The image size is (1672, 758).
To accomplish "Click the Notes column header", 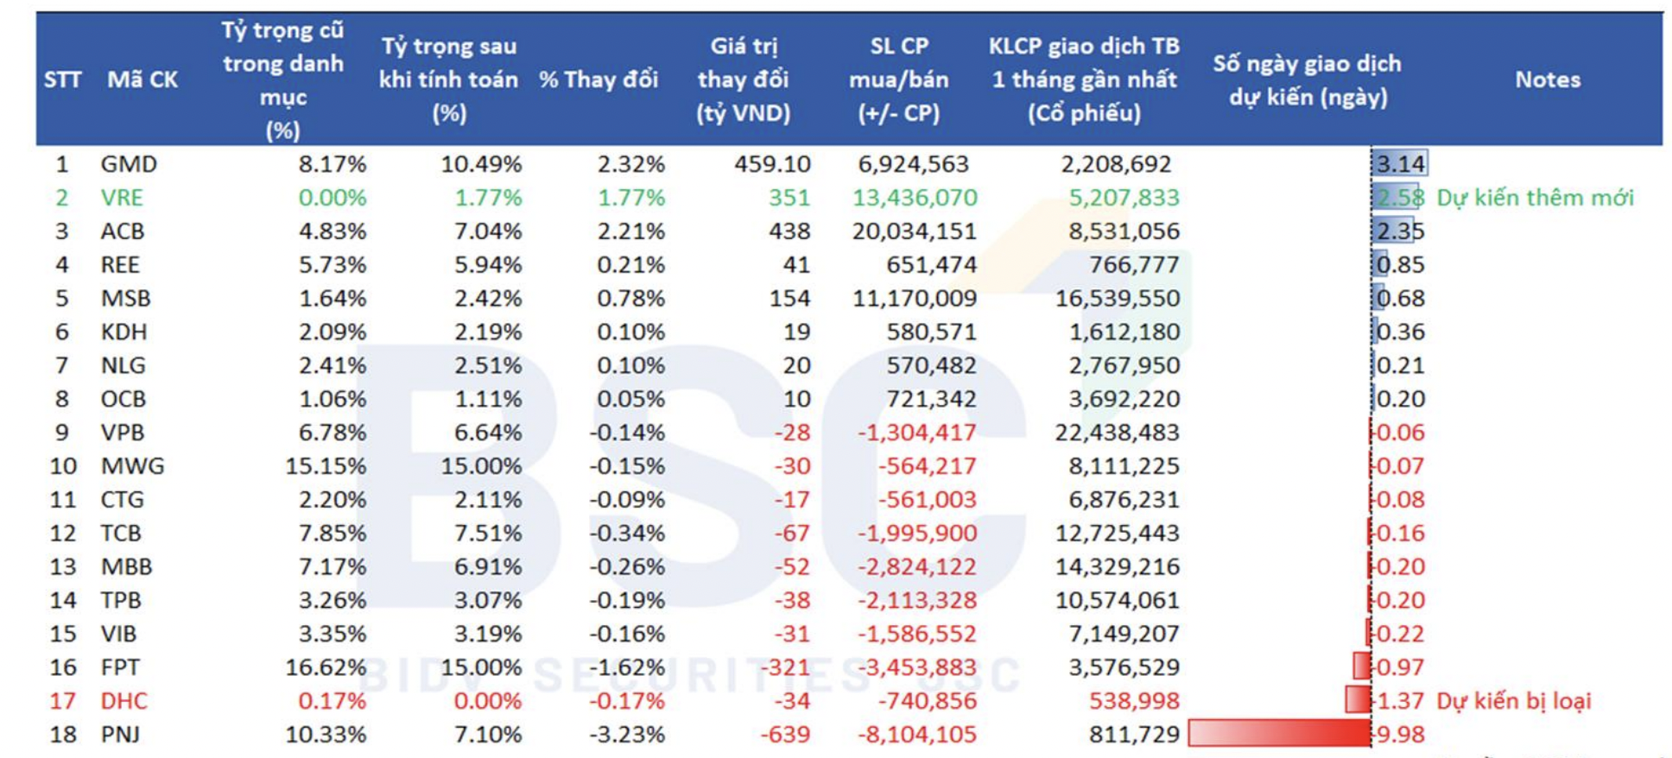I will pyautogui.click(x=1547, y=79).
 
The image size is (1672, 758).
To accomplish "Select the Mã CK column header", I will pyautogui.click(x=142, y=79).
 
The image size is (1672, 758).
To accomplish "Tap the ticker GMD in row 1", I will pyautogui.click(x=129, y=164).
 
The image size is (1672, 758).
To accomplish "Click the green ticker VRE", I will pyautogui.click(x=122, y=198).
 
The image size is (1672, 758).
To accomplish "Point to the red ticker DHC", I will pyautogui.click(x=123, y=701).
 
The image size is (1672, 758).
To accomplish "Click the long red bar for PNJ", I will pyautogui.click(x=1279, y=734).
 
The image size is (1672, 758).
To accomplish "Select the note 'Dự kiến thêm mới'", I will pyautogui.click(x=1535, y=198).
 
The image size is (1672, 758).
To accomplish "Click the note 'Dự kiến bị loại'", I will pyautogui.click(x=1513, y=701).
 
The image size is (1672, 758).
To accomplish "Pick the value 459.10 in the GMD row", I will pyautogui.click(x=772, y=164).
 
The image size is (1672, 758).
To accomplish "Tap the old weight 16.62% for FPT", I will pyautogui.click(x=326, y=667).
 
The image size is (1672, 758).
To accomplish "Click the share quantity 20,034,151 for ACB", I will pyautogui.click(x=914, y=231).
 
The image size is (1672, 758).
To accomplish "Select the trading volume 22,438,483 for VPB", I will pyautogui.click(x=1117, y=433).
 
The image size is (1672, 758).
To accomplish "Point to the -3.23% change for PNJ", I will pyautogui.click(x=627, y=735).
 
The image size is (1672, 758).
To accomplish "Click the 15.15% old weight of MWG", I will pyautogui.click(x=326, y=466).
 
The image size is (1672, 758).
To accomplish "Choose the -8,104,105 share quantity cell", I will pyautogui.click(x=916, y=735).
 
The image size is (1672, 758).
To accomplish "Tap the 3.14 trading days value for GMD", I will pyautogui.click(x=1400, y=164).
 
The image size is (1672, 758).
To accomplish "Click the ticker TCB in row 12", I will pyautogui.click(x=121, y=534).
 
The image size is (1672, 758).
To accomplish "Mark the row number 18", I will pyautogui.click(x=63, y=735).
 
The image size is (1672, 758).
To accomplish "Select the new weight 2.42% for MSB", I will pyautogui.click(x=488, y=299).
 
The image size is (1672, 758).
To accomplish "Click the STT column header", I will pyautogui.click(x=62, y=79).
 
